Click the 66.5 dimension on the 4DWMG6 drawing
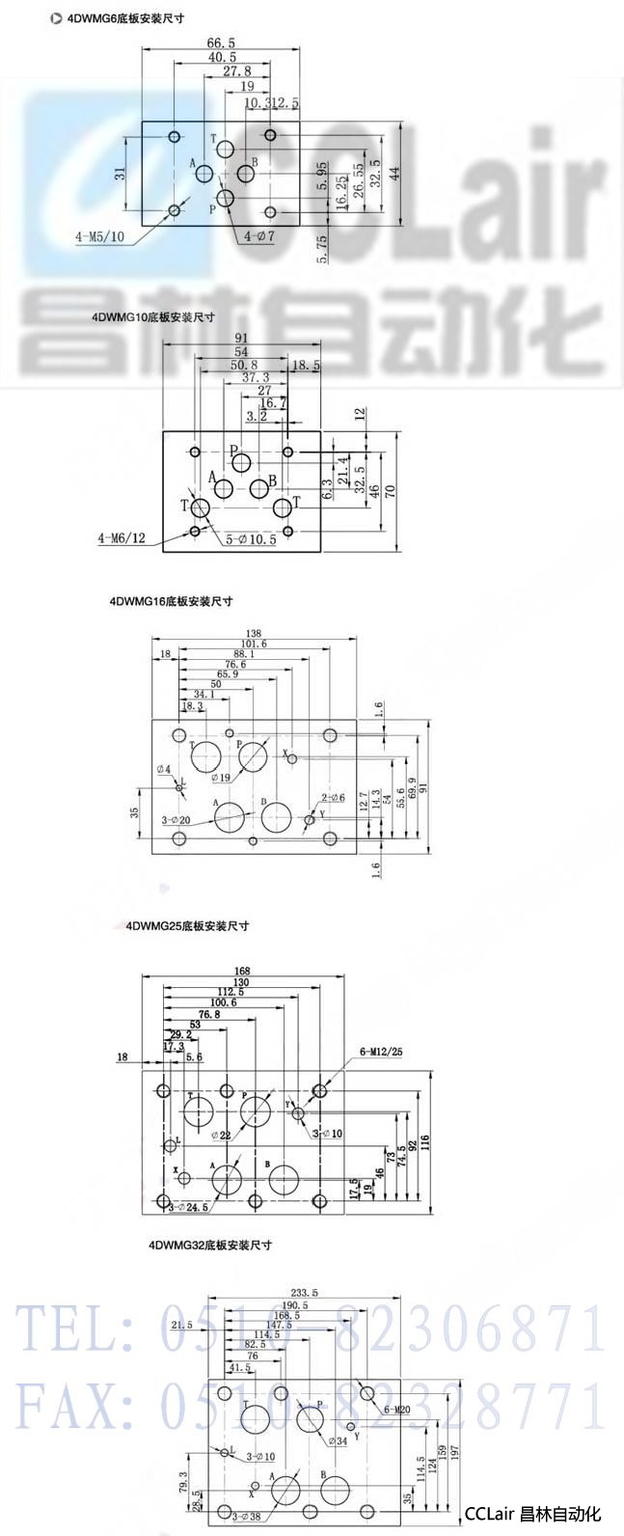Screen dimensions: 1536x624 tap(221, 42)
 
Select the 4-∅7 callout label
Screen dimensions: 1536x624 tap(259, 235)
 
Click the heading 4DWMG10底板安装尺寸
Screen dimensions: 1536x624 tap(153, 315)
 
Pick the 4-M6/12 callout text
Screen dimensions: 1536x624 tap(122, 536)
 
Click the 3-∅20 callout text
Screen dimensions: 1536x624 tap(176, 818)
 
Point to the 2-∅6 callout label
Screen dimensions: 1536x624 tap(333, 797)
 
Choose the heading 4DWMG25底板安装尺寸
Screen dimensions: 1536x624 tap(187, 925)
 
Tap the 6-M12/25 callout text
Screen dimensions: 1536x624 tap(380, 1050)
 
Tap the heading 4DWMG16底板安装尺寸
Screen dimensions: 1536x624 tap(172, 601)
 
